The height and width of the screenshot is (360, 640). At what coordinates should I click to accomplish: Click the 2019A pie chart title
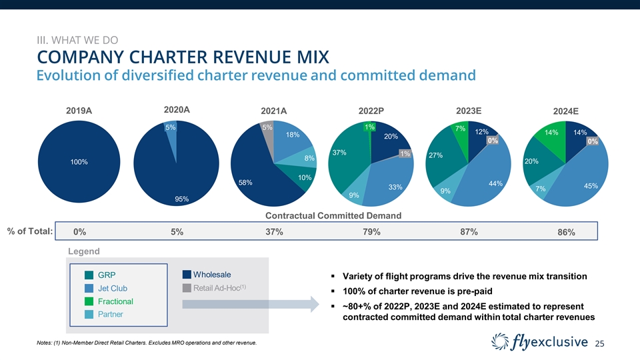click(79, 111)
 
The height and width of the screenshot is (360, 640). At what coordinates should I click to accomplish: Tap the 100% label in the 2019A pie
click(79, 162)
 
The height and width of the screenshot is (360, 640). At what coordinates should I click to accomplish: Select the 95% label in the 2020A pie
click(181, 199)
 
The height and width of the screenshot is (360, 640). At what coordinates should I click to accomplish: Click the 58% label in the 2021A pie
click(246, 182)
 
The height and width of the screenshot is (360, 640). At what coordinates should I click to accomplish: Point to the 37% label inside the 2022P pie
click(339, 153)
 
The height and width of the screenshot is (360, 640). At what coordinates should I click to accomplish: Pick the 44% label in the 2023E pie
click(495, 183)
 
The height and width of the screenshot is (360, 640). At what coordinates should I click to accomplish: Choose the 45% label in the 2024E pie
click(590, 186)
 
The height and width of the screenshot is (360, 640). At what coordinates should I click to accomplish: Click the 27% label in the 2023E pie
click(437, 155)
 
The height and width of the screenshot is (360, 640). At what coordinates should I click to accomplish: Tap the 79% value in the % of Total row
click(372, 232)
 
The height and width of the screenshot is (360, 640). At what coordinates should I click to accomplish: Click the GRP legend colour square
click(89, 276)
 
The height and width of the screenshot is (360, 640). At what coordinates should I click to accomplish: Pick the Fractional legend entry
click(115, 301)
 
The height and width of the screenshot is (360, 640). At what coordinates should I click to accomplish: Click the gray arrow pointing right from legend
click(251, 304)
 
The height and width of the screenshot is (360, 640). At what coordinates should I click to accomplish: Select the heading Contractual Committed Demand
click(333, 215)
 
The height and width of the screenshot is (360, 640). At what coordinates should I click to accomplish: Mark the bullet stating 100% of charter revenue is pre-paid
click(414, 291)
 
